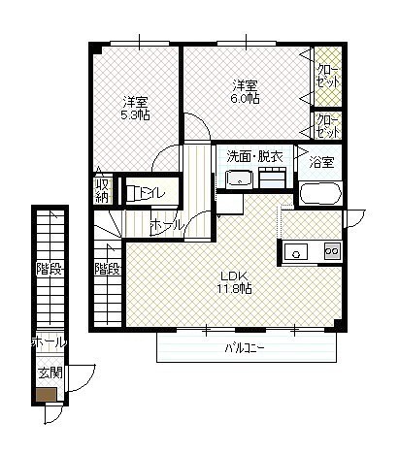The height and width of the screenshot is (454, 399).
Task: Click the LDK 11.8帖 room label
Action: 235,282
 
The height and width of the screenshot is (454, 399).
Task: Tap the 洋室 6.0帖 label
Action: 245,92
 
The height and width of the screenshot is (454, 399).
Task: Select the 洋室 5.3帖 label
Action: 135,109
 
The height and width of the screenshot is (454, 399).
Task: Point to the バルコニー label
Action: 245,348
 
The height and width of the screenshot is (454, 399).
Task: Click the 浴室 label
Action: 321,162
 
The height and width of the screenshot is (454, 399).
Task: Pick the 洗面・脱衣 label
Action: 254,157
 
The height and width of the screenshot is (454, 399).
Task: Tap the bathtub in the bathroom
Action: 320,193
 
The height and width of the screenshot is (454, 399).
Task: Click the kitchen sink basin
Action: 295,251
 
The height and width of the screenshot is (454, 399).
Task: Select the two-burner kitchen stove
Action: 332,251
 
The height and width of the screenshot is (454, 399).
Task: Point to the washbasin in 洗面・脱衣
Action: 239,178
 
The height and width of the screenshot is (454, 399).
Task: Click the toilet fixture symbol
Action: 134,193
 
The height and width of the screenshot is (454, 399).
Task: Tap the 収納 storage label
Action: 102,190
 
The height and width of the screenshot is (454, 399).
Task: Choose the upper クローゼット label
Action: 328,77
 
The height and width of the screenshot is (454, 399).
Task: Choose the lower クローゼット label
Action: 328,126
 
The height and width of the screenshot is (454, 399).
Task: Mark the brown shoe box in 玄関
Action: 47,394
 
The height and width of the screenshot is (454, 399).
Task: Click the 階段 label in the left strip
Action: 49,269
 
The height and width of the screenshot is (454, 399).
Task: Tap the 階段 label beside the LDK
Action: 108,269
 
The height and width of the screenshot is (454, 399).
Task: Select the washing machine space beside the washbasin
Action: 272,178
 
